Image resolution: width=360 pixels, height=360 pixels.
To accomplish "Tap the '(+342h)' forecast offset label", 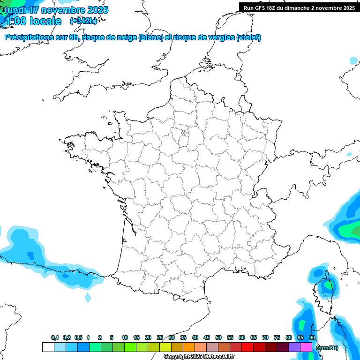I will click(x=83, y=21).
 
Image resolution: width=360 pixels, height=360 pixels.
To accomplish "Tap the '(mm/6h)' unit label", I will click(x=327, y=347).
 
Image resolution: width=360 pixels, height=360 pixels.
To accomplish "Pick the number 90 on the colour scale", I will click(x=312, y=337).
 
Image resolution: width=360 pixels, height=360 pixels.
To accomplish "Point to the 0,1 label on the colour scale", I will click(x=55, y=337).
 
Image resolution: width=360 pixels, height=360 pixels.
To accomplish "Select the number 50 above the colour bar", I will click(x=218, y=337).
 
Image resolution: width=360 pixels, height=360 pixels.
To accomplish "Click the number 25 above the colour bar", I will click(x=160, y=337).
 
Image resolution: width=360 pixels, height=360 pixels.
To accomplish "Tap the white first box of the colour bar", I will click(x=48, y=347).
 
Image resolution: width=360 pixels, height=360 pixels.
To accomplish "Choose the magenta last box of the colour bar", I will click(x=306, y=347).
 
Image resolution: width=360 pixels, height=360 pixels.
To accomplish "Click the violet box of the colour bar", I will click(x=294, y=347).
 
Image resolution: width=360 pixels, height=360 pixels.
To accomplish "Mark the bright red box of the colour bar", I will click(x=247, y=347).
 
